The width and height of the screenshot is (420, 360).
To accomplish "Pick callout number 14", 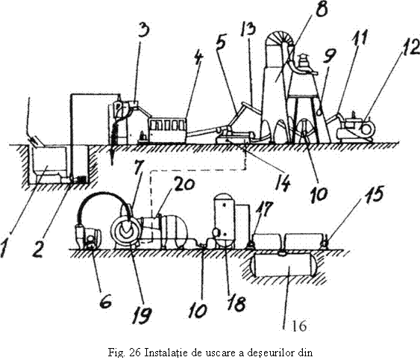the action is point(283,183).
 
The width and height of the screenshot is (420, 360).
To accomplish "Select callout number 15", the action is point(374,193).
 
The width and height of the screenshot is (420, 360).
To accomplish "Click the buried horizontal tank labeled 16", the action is point(284,265).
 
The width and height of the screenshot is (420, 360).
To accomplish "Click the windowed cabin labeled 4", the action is point(168,129).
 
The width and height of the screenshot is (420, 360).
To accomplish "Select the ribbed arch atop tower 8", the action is point(278,37).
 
